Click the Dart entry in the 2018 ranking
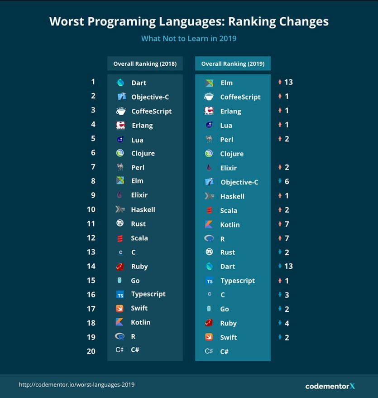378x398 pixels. (139, 83)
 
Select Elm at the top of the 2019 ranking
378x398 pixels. (226, 83)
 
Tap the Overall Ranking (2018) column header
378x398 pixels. (145, 64)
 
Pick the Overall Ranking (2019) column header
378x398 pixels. (233, 64)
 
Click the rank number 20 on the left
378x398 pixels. (91, 351)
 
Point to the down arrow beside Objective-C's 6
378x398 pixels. (280, 182)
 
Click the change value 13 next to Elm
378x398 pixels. (289, 82)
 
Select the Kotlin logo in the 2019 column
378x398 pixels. (209, 224)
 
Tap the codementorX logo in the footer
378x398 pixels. (330, 386)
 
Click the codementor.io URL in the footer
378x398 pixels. (77, 384)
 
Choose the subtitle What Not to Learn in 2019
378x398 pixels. (189, 39)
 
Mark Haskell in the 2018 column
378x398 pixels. (143, 209)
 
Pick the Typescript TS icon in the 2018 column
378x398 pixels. (120, 295)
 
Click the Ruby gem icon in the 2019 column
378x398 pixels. (209, 323)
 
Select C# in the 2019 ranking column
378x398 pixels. (224, 351)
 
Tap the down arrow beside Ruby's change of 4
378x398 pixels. (280, 323)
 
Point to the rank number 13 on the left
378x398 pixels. (91, 252)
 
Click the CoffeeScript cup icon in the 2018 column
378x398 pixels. (120, 111)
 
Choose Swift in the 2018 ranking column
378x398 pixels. (139, 308)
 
